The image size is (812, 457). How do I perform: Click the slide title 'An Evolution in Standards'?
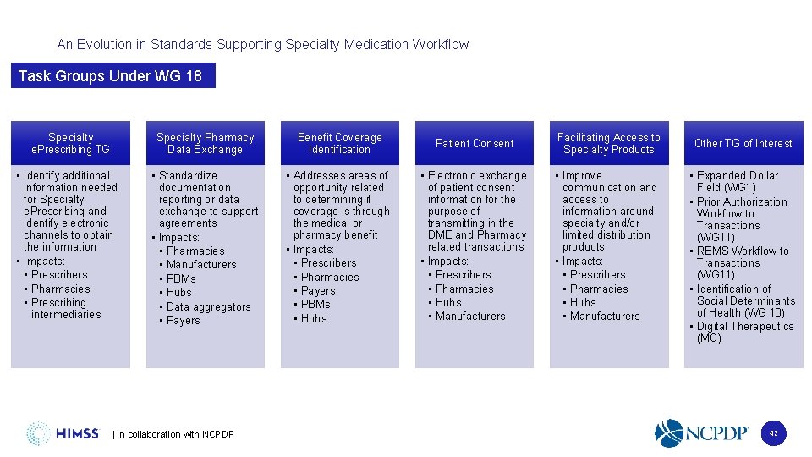[262, 44]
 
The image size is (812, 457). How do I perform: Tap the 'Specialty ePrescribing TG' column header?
[71, 143]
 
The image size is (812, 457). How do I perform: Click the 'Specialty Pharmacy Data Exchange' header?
[205, 143]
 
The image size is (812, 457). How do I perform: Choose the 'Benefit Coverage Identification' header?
[339, 143]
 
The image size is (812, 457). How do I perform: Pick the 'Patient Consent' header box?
[475, 143]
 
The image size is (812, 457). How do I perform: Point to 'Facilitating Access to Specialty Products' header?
[609, 143]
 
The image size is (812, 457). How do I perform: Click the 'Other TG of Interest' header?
[743, 143]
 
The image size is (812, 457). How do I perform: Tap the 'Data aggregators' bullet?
[208, 306]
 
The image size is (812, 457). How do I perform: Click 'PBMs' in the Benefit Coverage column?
[315, 304]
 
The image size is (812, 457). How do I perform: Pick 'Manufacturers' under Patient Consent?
[470, 316]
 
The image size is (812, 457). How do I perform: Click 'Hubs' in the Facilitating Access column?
[583, 302]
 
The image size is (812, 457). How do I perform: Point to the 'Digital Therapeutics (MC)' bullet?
[744, 332]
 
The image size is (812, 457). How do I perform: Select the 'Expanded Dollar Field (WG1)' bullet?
[736, 181]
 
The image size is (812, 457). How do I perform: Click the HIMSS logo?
[63, 433]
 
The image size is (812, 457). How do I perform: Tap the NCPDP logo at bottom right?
[702, 432]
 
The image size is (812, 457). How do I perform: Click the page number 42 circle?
[773, 433]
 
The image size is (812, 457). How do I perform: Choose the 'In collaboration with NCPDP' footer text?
[173, 434]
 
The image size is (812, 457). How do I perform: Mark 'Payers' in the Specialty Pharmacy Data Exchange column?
[184, 320]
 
